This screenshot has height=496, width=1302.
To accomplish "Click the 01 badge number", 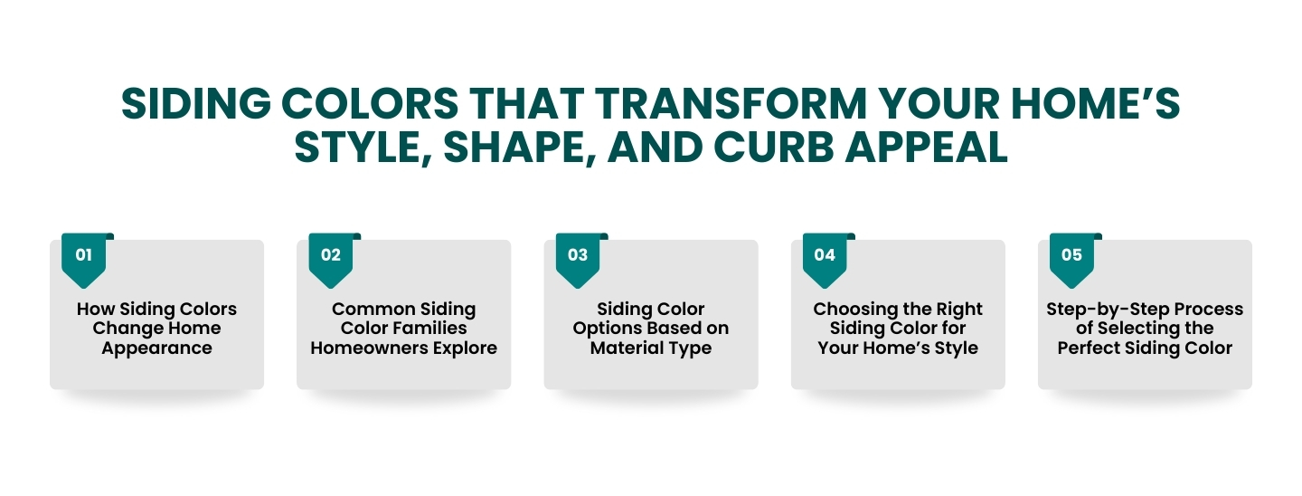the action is click(84, 255).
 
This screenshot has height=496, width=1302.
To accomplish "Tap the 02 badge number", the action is click(331, 255).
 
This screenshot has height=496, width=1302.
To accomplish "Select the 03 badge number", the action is click(578, 255).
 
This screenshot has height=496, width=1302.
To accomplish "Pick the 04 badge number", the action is click(825, 255).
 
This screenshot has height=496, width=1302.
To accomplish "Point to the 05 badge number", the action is click(1071, 255).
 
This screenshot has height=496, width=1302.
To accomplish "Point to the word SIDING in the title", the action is click(196, 103).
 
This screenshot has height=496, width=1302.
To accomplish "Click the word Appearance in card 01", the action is click(157, 348).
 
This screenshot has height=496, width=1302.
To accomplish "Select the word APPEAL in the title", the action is click(926, 147).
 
